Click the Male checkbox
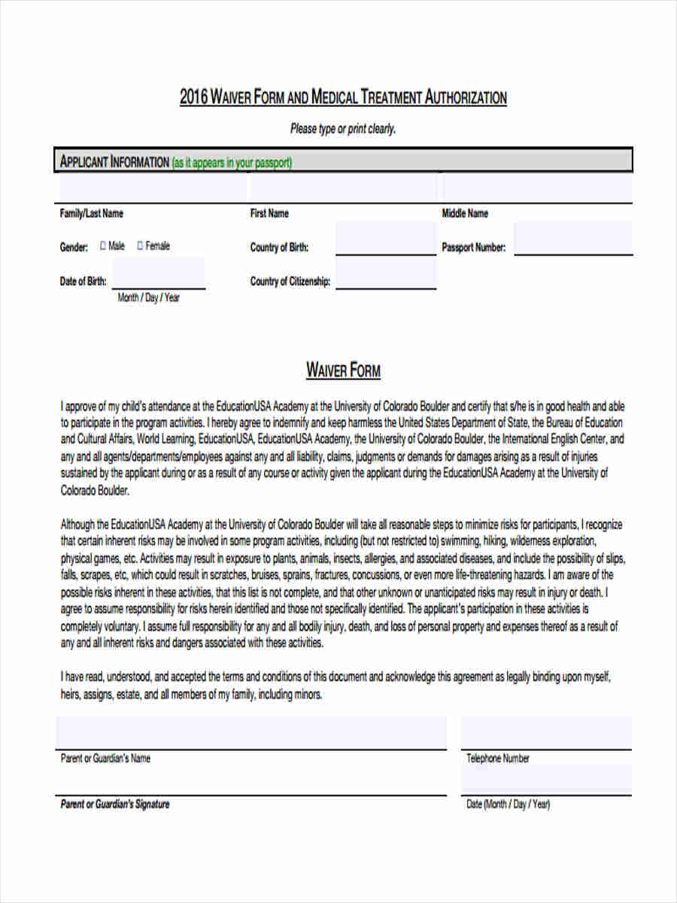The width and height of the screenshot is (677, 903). pos(103,245)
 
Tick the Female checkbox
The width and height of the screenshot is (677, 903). pos(140,245)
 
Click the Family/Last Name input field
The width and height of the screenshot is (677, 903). pos(150,188)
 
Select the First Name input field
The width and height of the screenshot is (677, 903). pos(342,188)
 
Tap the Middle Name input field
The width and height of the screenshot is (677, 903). pos(536,188)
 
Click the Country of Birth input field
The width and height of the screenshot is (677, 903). pos(385,239)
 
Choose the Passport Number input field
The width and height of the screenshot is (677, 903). pos(572,239)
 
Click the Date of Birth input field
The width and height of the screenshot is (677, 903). pos(158,273)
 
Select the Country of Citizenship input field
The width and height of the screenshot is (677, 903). pos(385,273)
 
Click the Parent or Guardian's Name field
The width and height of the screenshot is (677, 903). pos(250,733)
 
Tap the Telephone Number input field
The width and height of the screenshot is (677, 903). pos(546,733)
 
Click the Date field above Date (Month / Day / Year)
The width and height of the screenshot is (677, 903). pos(546,780)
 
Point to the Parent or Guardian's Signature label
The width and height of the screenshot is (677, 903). pos(115,804)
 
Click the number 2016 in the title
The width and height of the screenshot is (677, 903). pos(193,98)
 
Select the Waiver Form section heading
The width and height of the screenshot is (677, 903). pos(343,371)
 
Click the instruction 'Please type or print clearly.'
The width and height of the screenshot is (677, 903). pos(343,129)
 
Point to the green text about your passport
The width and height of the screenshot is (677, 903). pos(232,163)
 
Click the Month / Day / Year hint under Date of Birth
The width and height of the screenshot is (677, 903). pos(149,298)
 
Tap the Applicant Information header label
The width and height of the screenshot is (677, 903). pos(114,163)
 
